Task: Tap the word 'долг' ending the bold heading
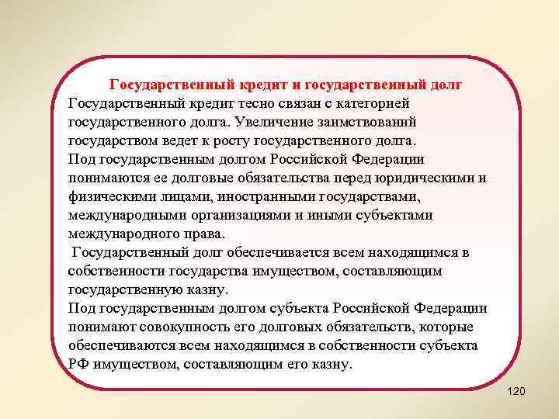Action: click(450, 84)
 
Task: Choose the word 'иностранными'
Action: click(246, 197)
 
